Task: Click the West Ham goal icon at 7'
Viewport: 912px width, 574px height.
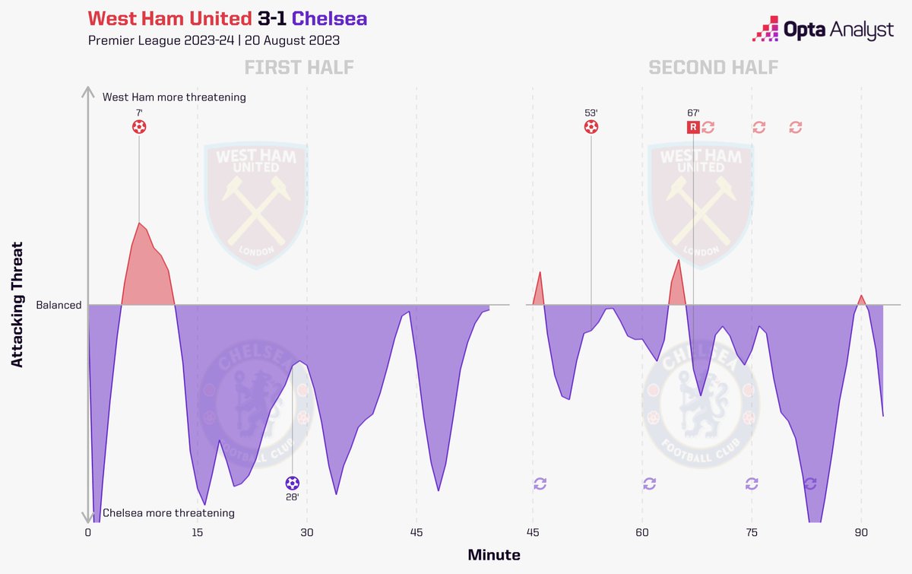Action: [139, 127]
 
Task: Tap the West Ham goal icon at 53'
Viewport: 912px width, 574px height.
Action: [591, 127]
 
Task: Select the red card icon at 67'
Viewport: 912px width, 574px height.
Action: [693, 127]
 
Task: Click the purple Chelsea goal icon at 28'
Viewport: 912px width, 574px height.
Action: [293, 483]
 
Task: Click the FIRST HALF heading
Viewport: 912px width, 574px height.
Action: [299, 68]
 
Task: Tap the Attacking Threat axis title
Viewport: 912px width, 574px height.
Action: [18, 305]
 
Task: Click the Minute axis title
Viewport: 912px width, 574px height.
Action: [494, 555]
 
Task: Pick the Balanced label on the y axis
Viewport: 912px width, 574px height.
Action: [59, 306]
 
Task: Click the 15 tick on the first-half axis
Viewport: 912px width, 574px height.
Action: [198, 533]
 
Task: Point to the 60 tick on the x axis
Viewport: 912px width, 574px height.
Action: [642, 533]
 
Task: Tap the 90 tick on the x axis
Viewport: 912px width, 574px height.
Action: [861, 533]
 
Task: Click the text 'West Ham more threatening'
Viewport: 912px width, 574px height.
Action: [174, 97]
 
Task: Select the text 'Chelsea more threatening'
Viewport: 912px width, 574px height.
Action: [168, 513]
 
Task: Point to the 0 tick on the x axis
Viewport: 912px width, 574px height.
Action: [88, 533]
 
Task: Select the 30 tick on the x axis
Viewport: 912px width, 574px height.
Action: [307, 533]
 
